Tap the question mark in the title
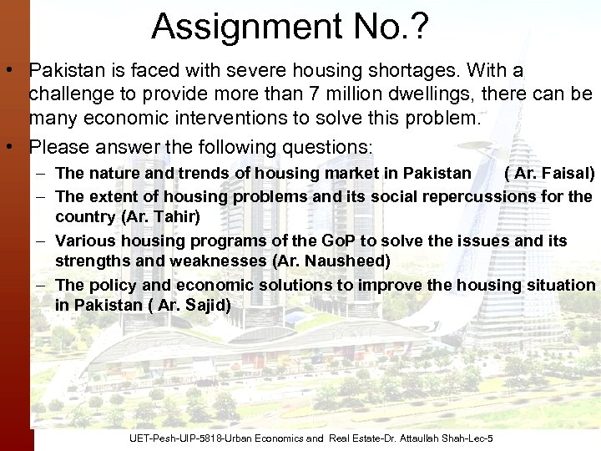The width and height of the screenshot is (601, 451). [x=419, y=27]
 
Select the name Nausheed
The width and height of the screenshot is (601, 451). [x=347, y=261]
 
